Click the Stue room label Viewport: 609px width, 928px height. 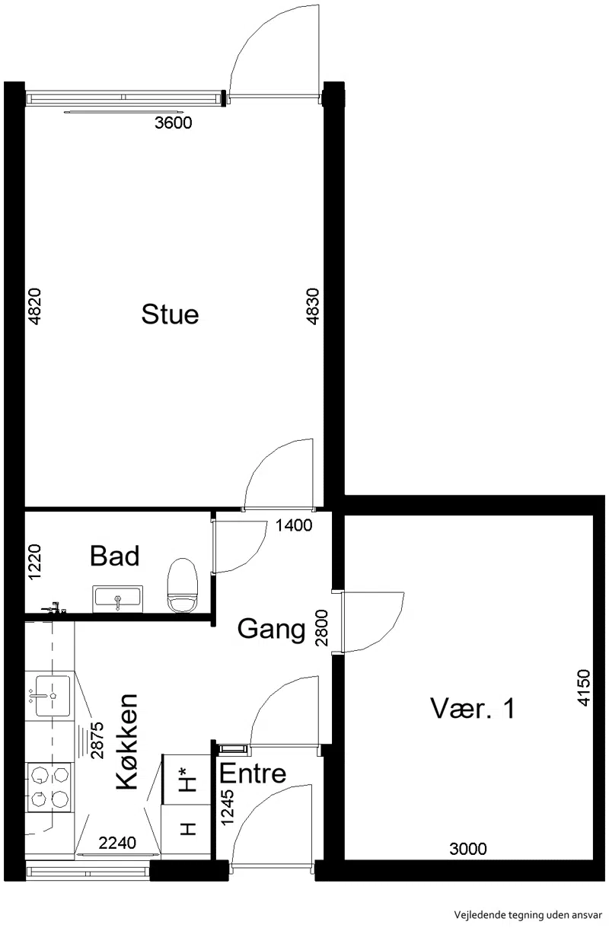coord(170,314)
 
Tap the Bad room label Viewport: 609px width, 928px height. coord(114,556)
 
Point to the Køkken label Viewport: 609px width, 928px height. coord(126,741)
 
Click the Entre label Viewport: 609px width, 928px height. coord(253,773)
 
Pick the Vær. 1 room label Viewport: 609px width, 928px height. coord(473,709)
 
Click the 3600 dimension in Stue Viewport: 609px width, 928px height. coord(173,123)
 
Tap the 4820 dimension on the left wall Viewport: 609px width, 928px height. coord(35,307)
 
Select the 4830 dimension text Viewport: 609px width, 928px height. coord(313,307)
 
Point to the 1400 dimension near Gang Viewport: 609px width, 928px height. coord(294,526)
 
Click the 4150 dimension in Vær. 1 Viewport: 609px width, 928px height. coord(583,687)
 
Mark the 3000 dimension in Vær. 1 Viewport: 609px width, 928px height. coord(468,850)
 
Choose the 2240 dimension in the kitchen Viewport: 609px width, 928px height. coord(117,843)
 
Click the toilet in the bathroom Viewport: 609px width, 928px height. coord(182,585)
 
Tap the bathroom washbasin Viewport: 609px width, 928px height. coord(118,598)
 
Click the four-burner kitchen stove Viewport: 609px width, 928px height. coord(49,787)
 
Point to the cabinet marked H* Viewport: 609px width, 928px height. coord(186,779)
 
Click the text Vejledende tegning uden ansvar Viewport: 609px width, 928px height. coord(528,915)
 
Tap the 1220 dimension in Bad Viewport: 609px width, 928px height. coord(35,563)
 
